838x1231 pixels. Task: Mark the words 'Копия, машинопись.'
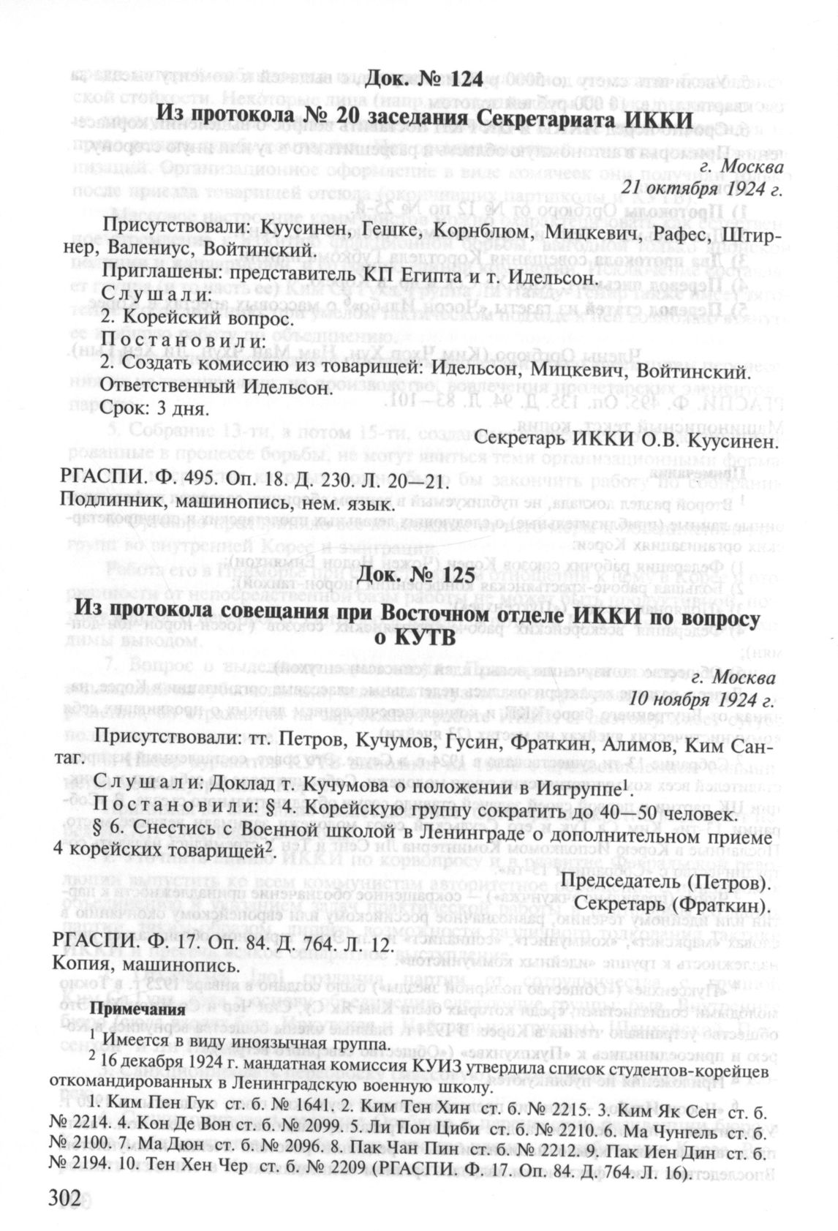coord(145,965)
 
